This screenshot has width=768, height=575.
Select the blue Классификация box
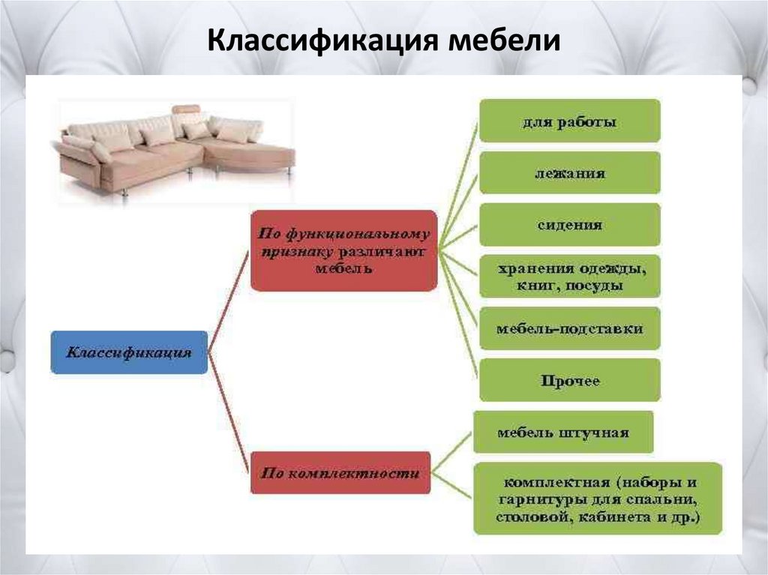[x=129, y=352]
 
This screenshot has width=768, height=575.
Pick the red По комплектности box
[x=340, y=473]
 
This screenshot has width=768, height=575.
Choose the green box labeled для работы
[x=569, y=121]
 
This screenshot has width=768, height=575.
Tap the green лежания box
[x=569, y=173]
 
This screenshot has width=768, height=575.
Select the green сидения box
[x=569, y=225]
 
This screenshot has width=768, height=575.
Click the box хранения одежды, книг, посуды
[x=569, y=277]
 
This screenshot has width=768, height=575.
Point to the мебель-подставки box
[x=569, y=328]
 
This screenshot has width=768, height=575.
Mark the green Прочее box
[x=569, y=380]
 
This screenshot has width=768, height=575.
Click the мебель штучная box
[x=562, y=432]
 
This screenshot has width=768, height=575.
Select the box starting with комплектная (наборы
[x=597, y=498]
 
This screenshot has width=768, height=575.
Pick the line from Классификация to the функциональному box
[x=228, y=300]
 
